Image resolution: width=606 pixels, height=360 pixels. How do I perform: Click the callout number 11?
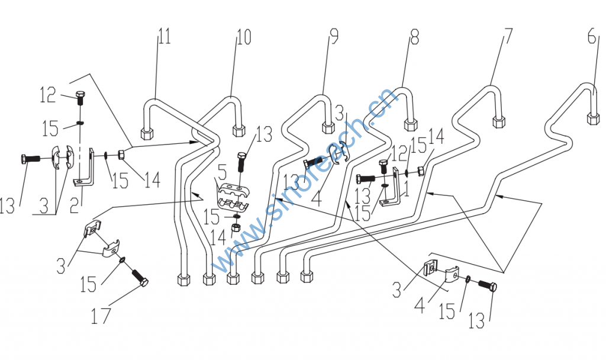tap(165, 36)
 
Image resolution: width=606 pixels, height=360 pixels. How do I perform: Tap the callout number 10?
tap(243, 37)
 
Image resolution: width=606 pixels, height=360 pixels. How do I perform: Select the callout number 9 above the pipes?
tap(333, 36)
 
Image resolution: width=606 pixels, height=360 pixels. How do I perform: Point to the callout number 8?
tap(414, 36)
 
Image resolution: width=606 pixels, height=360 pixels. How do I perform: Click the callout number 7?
tap(508, 36)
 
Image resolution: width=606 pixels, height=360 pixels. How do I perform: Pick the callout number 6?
tap(592, 36)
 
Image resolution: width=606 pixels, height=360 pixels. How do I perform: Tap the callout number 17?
tap(101, 316)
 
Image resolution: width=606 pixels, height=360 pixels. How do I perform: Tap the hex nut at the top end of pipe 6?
tap(593, 118)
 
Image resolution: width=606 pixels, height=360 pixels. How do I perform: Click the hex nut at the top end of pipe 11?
tap(147, 134)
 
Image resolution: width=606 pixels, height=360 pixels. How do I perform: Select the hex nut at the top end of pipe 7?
tap(498, 122)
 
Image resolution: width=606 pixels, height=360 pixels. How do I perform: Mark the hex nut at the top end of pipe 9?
tap(328, 128)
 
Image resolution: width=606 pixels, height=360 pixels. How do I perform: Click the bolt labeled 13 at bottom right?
tap(488, 285)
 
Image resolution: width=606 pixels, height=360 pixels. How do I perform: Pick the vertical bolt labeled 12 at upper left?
tap(80, 98)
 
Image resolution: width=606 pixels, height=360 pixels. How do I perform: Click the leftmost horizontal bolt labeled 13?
tap(31, 159)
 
